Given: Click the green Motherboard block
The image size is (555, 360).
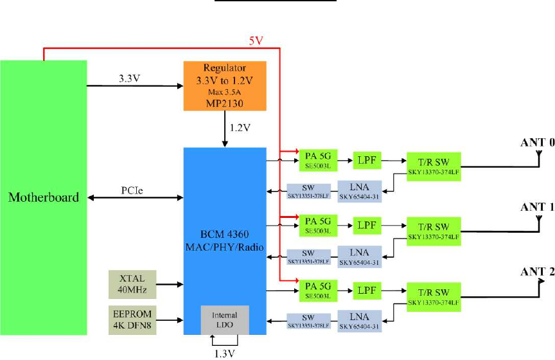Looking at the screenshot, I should (x=44, y=197).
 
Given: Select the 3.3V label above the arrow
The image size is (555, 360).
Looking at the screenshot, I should (x=130, y=78).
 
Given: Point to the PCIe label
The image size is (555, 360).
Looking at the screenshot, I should (x=134, y=191).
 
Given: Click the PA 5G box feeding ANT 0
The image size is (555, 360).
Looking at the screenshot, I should (x=317, y=157).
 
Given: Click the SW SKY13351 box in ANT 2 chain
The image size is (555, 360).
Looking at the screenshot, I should (x=310, y=320).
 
